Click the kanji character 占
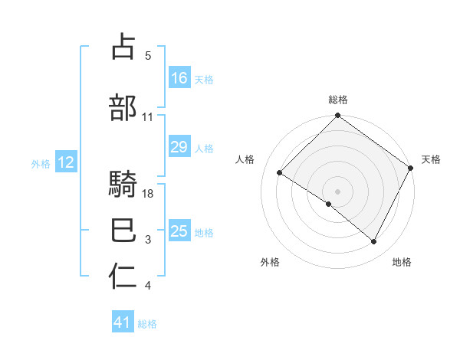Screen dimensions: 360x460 pyautogui.click(x=123, y=48)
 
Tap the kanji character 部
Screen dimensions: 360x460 pyautogui.click(x=123, y=108)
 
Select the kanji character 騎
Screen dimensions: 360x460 pyautogui.click(x=123, y=185)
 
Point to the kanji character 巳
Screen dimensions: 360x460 pyautogui.click(x=123, y=231)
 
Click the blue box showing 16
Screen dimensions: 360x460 pyautogui.click(x=179, y=77)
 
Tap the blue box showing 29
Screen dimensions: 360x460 pyautogui.click(x=179, y=147)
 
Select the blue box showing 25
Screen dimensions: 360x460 pyautogui.click(x=179, y=231)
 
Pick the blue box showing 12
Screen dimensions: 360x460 pyautogui.click(x=65, y=162)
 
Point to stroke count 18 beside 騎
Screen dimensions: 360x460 pyautogui.click(x=149, y=194)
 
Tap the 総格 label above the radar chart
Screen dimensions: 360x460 pyautogui.click(x=338, y=100)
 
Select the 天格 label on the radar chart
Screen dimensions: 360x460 pyautogui.click(x=431, y=159)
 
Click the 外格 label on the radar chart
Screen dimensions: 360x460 pyautogui.click(x=270, y=262)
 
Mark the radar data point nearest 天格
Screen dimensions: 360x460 pyautogui.click(x=410, y=168)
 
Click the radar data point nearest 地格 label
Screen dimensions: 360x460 pyautogui.click(x=374, y=242)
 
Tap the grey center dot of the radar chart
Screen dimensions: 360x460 pyautogui.click(x=337, y=191)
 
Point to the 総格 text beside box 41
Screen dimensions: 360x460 pyautogui.click(x=147, y=324)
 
